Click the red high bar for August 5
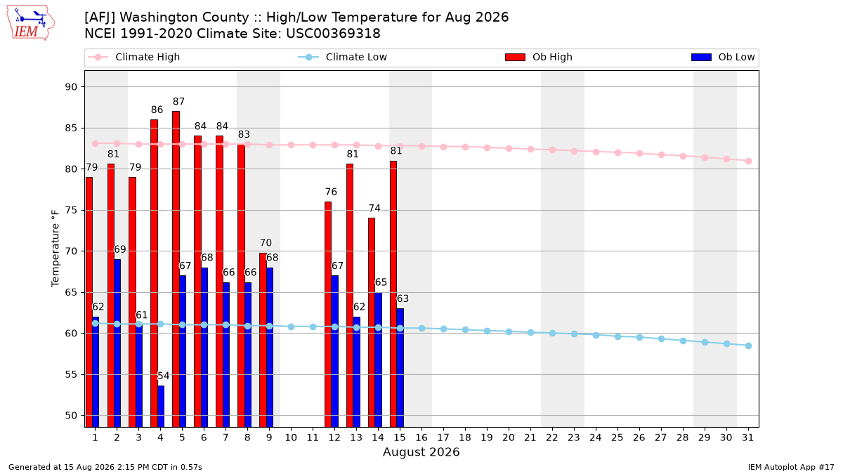pyautogui.click(x=176, y=269)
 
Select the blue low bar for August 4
pyautogui.click(x=161, y=407)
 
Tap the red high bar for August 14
pyautogui.click(x=372, y=322)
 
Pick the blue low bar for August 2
pyautogui.click(x=117, y=343)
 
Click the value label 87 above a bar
pyautogui.click(x=178, y=102)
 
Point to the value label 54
pyautogui.click(x=163, y=376)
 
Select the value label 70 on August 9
pyautogui.click(x=266, y=243)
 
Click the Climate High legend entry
pyautogui.click(x=133, y=57)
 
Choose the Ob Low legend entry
pyautogui.click(x=723, y=57)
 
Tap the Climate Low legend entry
pyautogui.click(x=343, y=57)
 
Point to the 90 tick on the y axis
pyautogui.click(x=71, y=87)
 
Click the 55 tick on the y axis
pyautogui.click(x=71, y=375)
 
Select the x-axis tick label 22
pyautogui.click(x=552, y=437)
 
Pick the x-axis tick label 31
pyautogui.click(x=747, y=437)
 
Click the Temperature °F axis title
pyautogui.click(x=55, y=249)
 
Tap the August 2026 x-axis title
pyautogui.click(x=421, y=452)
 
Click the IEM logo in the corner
pyautogui.click(x=30, y=23)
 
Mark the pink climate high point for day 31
pyautogui.click(x=748, y=161)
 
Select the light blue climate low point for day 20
pyautogui.click(x=509, y=331)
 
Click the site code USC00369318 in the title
pyautogui.click(x=333, y=34)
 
